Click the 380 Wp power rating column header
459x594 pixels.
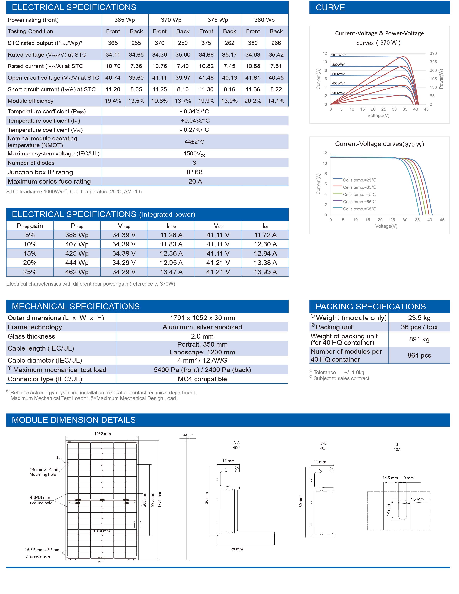click(x=264, y=20)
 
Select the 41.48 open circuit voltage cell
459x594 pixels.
click(x=206, y=78)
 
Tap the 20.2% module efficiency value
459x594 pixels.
click(x=253, y=101)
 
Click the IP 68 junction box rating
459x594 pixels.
click(x=194, y=172)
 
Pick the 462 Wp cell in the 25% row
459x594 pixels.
click(x=77, y=272)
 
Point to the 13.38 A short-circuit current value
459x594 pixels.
click(x=265, y=263)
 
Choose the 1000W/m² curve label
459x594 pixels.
click(x=338, y=55)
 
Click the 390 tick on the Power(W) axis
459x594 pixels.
click(x=433, y=53)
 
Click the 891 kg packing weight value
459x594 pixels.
click(x=419, y=339)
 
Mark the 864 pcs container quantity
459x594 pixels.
click(x=419, y=356)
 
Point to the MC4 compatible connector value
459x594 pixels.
click(x=202, y=379)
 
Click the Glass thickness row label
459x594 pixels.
click(x=31, y=336)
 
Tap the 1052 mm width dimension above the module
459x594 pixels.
click(x=103, y=434)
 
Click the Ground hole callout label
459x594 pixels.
click(x=41, y=503)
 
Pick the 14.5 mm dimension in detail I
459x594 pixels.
click(x=390, y=478)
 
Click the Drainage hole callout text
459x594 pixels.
click(x=38, y=556)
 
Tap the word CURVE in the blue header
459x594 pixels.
click(x=330, y=7)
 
